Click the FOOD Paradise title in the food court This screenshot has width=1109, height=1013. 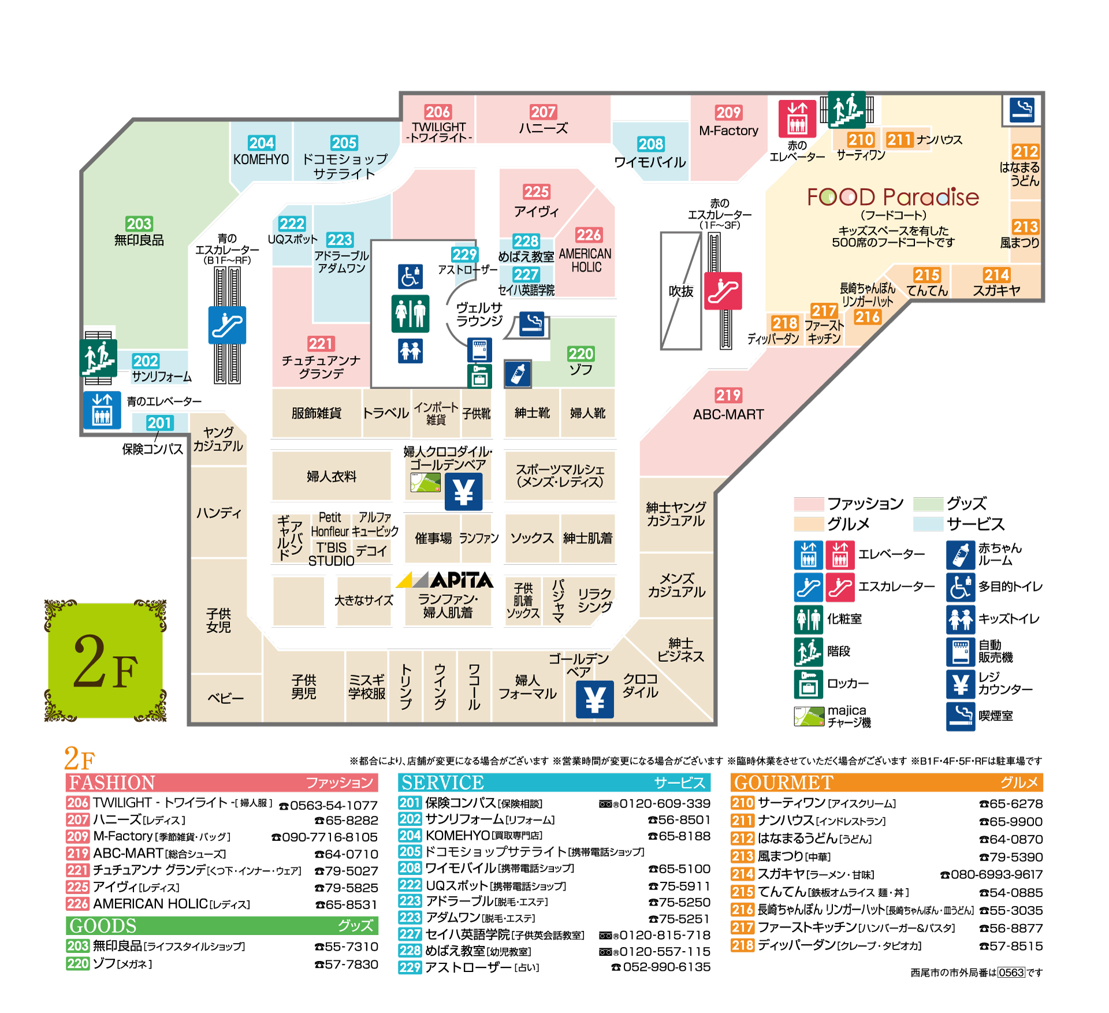[892, 198]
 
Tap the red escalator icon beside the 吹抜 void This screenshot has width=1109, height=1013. [723, 291]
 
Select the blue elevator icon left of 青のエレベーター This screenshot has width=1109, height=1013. [102, 409]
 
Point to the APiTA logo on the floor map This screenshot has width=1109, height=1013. [445, 580]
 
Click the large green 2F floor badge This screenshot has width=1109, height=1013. [105, 661]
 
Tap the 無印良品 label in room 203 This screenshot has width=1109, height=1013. [139, 240]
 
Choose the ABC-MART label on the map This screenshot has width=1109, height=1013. [728, 414]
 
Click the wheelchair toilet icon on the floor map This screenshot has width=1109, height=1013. [410, 276]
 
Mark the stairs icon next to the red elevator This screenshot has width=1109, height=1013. [846, 109]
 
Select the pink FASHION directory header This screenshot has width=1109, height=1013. [222, 783]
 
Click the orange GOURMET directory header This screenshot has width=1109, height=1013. [887, 783]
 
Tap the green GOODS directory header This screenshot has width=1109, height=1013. [222, 926]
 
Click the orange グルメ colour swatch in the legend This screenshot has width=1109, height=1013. [808, 524]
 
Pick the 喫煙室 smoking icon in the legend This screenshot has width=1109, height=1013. [961, 716]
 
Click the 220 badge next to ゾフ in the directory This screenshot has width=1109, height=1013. [77, 963]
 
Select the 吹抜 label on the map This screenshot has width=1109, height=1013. [681, 292]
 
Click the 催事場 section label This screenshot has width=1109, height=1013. [433, 538]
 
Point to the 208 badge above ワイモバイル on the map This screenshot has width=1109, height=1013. [651, 144]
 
